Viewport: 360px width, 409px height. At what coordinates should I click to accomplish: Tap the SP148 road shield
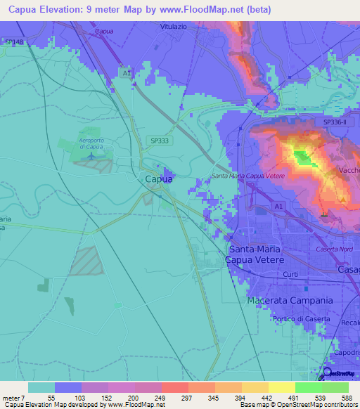(13, 42)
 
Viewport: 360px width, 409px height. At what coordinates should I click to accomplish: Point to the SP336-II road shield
(337, 122)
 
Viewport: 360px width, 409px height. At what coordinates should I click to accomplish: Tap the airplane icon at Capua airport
(94, 155)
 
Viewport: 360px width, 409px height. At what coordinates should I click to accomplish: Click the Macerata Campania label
(290, 300)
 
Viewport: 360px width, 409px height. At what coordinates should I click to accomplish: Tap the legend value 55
(52, 397)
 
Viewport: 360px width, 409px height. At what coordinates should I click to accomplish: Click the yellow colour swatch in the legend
(281, 387)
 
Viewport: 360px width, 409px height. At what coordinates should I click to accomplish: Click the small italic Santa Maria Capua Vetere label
(248, 176)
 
